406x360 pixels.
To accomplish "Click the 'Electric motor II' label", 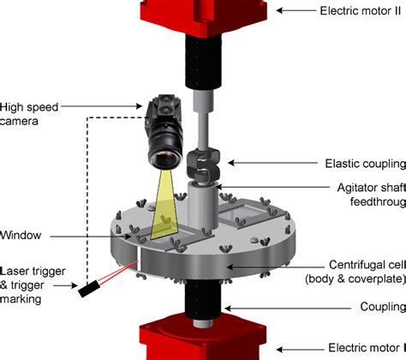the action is pyautogui.click(x=361, y=11).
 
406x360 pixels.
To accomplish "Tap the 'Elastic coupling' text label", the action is pyautogui.click(x=366, y=164).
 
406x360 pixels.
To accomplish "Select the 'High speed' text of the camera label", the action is pyautogui.click(x=29, y=107).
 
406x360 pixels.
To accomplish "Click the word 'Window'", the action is pyautogui.click(x=21, y=236).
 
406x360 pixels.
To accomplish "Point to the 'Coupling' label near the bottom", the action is pyautogui.click(x=383, y=307).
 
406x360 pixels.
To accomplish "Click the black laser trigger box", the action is pyautogui.click(x=89, y=289).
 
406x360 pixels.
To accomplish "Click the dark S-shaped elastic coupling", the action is pyautogui.click(x=203, y=166).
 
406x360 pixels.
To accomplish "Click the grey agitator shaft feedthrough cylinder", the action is pyautogui.click(x=203, y=205).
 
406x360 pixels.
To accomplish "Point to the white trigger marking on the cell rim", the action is pyautogui.click(x=138, y=259).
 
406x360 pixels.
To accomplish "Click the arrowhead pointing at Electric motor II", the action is pyautogui.click(x=279, y=10).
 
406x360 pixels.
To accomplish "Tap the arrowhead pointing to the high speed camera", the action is pyautogui.click(x=139, y=106).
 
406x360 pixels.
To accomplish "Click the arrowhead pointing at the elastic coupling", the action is pyautogui.click(x=231, y=163).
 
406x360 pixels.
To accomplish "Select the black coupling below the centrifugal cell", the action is pyautogui.click(x=202, y=300).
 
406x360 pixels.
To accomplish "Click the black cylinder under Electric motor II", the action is pyautogui.click(x=204, y=62).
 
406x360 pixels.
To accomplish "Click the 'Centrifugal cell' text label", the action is pyautogui.click(x=367, y=265).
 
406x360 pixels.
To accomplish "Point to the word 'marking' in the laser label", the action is pyautogui.click(x=21, y=299).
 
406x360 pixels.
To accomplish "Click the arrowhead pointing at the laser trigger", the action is pyautogui.click(x=75, y=285).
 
